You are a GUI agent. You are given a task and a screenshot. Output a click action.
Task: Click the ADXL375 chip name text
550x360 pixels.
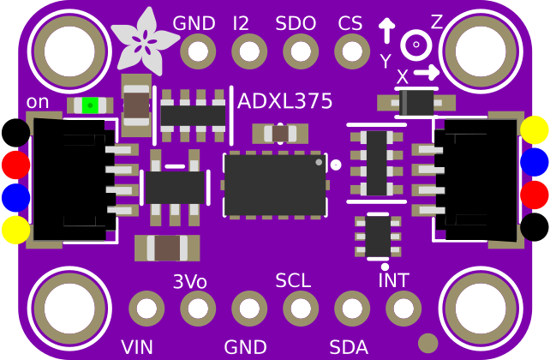285,101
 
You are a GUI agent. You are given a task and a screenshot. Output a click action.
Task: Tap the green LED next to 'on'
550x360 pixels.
88,105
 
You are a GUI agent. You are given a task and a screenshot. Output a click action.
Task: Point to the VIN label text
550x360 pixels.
137,347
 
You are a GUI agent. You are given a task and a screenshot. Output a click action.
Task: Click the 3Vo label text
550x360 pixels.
189,281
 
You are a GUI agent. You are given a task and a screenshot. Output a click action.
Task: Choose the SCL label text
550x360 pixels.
293,280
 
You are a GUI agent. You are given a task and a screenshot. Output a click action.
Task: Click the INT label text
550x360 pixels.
394,280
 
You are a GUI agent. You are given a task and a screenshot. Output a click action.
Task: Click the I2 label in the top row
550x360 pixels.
241,24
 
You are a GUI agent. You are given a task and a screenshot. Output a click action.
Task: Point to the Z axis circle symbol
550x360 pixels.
415,44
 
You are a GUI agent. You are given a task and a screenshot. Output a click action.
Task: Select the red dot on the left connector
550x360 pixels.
15,164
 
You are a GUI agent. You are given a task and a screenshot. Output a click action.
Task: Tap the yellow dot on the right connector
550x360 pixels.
535,129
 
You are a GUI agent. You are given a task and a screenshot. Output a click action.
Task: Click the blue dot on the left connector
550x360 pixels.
15,196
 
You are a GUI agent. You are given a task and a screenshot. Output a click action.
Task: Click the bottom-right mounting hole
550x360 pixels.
479,308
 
